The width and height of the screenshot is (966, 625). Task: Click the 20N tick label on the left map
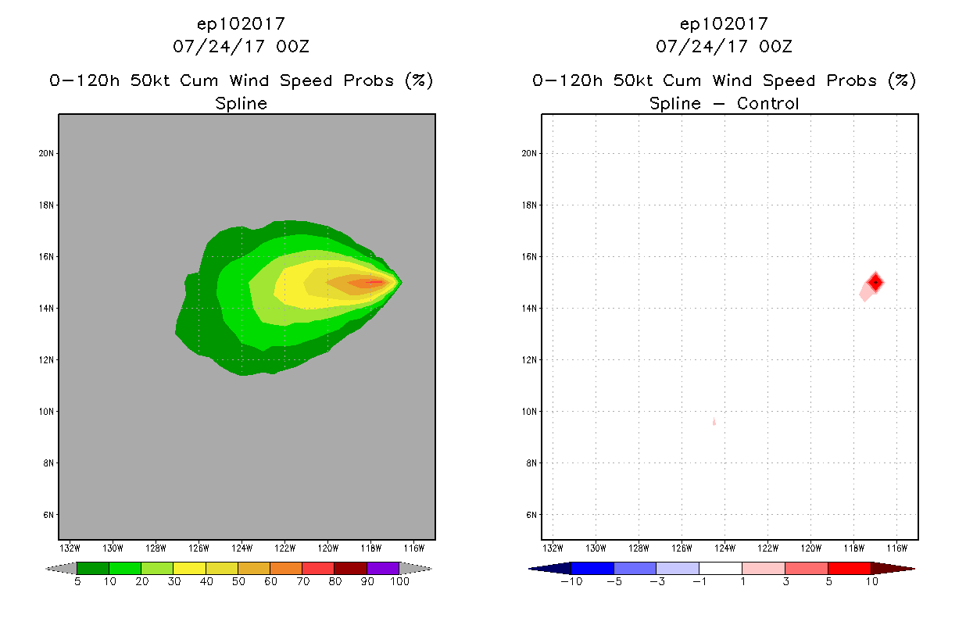coord(47,153)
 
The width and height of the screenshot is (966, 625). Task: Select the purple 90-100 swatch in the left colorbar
coord(383,568)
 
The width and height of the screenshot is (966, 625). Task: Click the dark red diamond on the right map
coord(875,282)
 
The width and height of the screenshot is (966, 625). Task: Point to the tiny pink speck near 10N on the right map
coord(714,422)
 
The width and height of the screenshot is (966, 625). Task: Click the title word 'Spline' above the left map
coord(241,103)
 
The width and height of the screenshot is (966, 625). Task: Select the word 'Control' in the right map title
coord(768,103)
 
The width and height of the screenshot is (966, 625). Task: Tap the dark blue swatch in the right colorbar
coord(550,568)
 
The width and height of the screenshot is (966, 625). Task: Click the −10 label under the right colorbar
coord(571,581)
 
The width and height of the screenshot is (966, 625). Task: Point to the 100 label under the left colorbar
coord(399,581)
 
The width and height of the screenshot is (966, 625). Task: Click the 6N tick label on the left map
coord(48,515)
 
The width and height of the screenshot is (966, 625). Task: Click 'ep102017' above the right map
coord(724,24)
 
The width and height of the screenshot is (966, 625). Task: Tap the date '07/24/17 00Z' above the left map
coord(241,46)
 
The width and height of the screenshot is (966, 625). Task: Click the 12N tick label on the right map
coord(530,360)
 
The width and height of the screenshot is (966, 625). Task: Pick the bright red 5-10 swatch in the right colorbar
coord(849,568)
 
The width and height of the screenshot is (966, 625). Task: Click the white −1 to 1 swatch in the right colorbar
coord(720,568)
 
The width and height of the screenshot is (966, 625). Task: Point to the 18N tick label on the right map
coord(530,205)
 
